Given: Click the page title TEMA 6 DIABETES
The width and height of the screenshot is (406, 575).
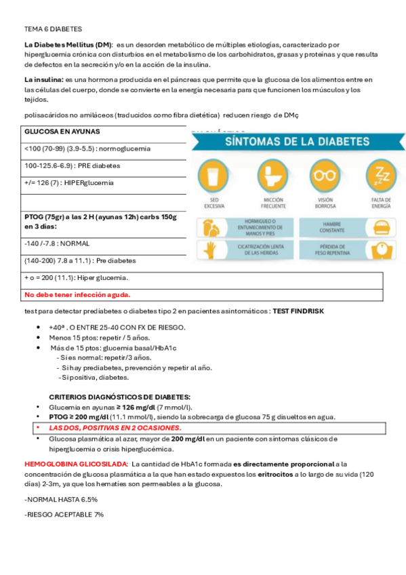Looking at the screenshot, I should pyautogui.click(x=53, y=29).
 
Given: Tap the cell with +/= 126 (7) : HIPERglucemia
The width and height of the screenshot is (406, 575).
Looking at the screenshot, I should pyautogui.click(x=68, y=183).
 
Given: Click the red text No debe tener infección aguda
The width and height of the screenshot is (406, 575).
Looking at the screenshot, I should pyautogui.click(x=77, y=295).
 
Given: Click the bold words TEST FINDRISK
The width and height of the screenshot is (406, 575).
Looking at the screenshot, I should pyautogui.click(x=298, y=311).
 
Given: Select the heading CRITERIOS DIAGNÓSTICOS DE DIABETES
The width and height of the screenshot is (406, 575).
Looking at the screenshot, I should pyautogui.click(x=120, y=397).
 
